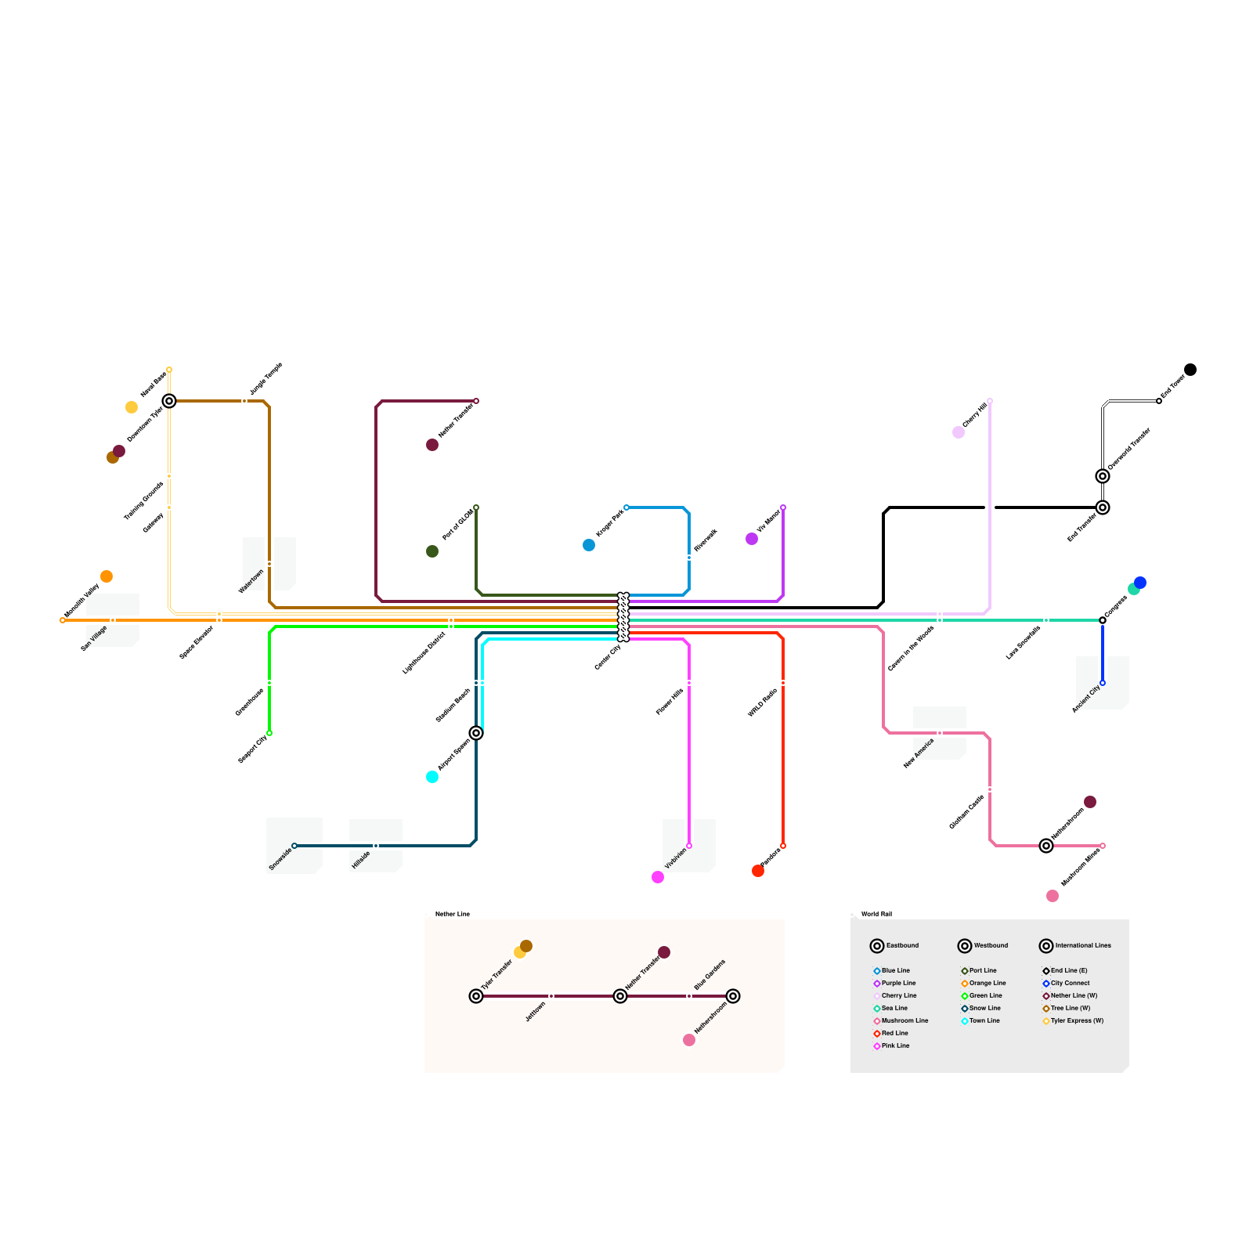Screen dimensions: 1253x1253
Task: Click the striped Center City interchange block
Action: click(x=623, y=617)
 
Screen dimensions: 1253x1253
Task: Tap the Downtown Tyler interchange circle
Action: click(x=169, y=401)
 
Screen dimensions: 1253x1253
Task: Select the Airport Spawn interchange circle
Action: click(x=476, y=733)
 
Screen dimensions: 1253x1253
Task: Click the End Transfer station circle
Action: click(x=1103, y=507)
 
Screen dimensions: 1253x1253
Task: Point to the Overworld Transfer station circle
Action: click(x=1103, y=476)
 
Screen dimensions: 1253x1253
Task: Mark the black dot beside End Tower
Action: click(x=1190, y=370)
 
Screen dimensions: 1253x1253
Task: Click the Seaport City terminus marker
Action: click(x=269, y=733)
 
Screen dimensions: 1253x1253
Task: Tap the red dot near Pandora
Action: click(x=758, y=871)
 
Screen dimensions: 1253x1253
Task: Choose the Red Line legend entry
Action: click(x=894, y=1033)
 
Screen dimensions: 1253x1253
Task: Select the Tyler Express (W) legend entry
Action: click(x=1076, y=1020)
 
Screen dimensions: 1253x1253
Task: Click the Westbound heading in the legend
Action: click(x=991, y=945)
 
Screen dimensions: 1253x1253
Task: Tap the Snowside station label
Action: click(x=280, y=859)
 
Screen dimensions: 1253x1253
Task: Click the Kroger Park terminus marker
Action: click(x=626, y=507)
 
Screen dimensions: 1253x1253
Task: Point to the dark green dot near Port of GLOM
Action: click(x=432, y=551)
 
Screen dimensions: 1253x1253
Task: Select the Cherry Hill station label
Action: click(x=975, y=415)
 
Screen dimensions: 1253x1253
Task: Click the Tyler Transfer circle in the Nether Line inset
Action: click(x=476, y=996)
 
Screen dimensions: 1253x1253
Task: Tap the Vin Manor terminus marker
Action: click(x=783, y=507)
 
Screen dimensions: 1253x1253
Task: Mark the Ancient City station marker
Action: click(x=1103, y=683)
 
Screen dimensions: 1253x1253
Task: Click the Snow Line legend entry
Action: click(x=984, y=1008)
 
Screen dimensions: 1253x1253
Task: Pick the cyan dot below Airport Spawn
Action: click(x=432, y=777)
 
